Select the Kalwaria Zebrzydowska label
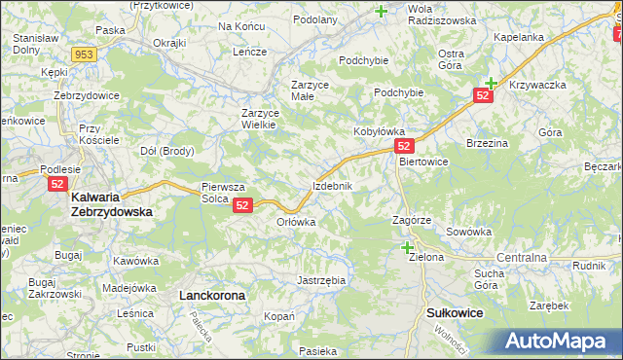(112, 203)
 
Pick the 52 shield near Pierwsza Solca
(243, 204)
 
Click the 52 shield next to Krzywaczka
(483, 94)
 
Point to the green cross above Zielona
(407, 247)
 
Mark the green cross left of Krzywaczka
(492, 84)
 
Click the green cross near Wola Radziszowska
(381, 12)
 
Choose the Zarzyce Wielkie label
(261, 119)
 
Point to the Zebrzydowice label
(87, 96)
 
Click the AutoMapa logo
(563, 342)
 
